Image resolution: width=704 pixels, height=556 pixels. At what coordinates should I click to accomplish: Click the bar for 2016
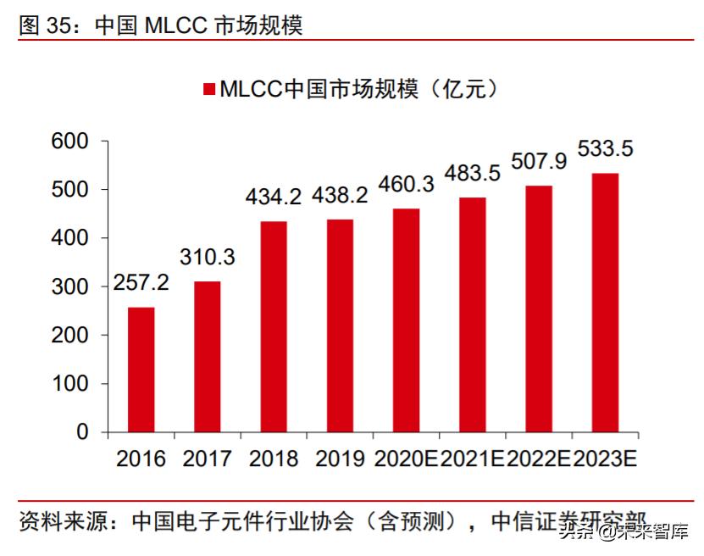141,370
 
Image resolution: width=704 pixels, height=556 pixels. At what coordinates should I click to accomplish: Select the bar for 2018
274,326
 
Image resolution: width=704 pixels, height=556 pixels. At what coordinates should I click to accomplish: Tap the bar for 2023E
605,303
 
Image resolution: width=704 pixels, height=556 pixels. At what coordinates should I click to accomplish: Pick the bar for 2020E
406,320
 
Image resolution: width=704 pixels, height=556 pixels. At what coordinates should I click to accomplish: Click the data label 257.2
141,282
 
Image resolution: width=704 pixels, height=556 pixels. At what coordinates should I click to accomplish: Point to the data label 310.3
207,256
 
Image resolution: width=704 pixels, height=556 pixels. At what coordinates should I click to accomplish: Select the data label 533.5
605,149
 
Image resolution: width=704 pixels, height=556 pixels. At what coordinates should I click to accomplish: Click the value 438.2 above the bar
340,196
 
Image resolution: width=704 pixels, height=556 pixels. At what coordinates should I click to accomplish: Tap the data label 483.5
473,174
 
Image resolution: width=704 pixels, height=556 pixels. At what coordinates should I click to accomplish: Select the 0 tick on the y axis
82,432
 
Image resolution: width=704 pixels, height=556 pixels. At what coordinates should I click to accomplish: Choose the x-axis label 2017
207,459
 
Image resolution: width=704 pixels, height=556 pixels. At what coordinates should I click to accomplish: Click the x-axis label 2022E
539,459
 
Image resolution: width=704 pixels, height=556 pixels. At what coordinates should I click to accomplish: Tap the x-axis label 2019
340,459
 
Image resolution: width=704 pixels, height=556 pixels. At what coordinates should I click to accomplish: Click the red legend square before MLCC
208,89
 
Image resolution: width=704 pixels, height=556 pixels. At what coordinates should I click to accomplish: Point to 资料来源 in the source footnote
58,520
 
